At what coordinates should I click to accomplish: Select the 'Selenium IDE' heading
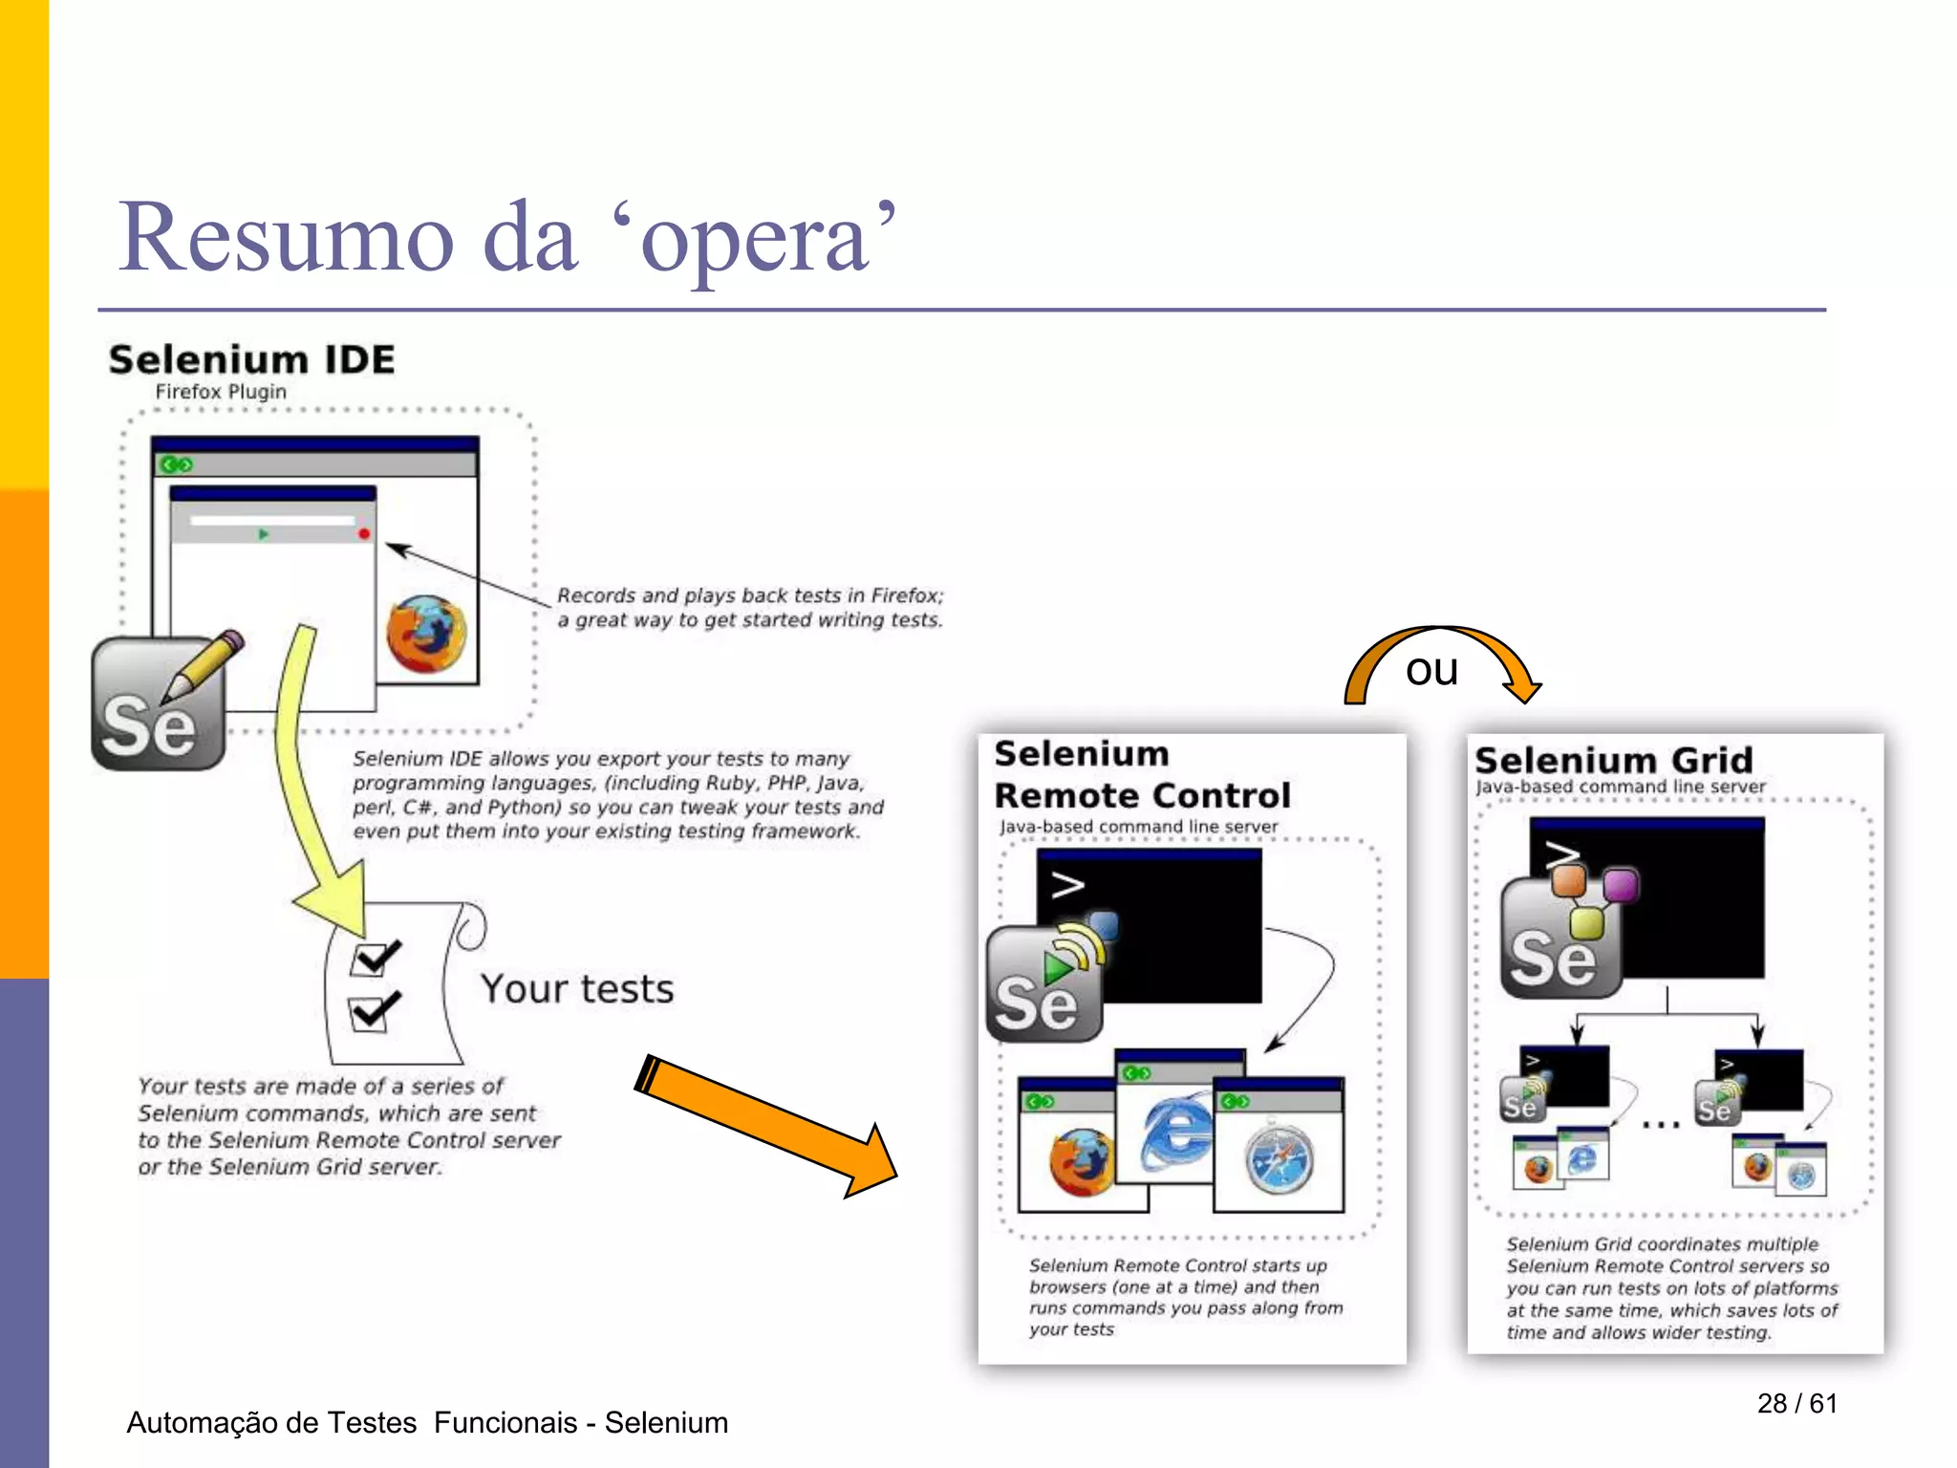[x=251, y=359]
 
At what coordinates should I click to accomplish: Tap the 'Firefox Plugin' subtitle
[x=221, y=392]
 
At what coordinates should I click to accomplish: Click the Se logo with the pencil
[x=158, y=707]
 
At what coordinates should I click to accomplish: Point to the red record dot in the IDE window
[x=364, y=533]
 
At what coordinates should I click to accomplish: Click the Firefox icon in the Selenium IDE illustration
[x=426, y=633]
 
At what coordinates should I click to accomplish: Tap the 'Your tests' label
[x=577, y=989]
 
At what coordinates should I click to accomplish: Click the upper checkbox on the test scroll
[x=372, y=957]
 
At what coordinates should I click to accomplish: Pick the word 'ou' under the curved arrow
[x=1431, y=670]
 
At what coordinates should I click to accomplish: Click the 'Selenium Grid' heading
[x=1614, y=761]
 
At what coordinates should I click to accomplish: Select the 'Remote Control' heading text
[x=1142, y=795]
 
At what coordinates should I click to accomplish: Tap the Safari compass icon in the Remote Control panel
[x=1280, y=1160]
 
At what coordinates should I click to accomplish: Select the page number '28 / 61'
[x=1796, y=1403]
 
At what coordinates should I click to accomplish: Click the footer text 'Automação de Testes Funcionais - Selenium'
[x=427, y=1422]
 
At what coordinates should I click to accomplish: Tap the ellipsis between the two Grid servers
[x=1661, y=1125]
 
